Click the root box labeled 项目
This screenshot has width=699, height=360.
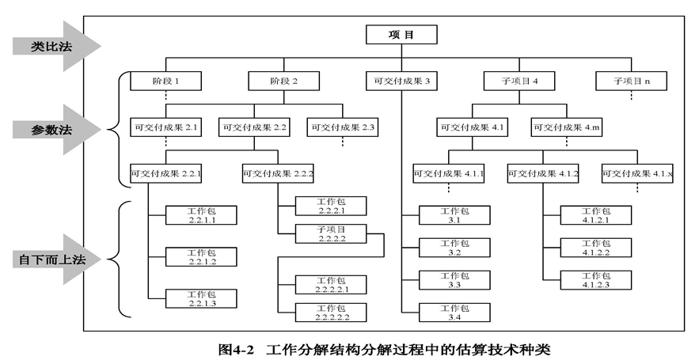[x=401, y=35]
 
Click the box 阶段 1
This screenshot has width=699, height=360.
[x=165, y=81]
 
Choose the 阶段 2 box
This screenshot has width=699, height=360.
[x=284, y=81]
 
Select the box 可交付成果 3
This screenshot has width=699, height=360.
[x=401, y=81]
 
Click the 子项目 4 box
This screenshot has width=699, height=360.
[x=519, y=81]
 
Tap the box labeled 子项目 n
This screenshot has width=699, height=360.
[x=631, y=81]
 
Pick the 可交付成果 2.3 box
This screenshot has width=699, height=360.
[x=343, y=127]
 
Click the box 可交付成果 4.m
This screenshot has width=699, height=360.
[x=567, y=127]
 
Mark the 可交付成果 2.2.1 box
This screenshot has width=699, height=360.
[x=165, y=173]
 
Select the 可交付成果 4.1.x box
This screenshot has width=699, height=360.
[x=637, y=173]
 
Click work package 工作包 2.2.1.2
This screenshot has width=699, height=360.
[x=201, y=257]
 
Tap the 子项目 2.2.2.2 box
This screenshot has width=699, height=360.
[x=331, y=234]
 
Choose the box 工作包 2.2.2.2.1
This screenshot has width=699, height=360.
[x=331, y=285]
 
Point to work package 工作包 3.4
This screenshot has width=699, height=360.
[x=454, y=313]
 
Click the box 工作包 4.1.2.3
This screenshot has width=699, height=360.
[x=596, y=280]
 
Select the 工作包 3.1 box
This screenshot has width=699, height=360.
[x=454, y=215]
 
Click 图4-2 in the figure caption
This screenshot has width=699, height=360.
[x=236, y=350]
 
